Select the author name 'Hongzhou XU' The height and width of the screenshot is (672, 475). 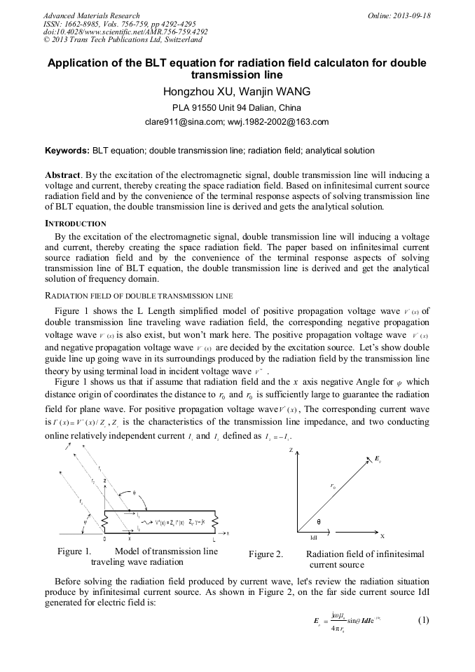(x=197, y=92)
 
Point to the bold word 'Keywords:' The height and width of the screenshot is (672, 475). (x=67, y=151)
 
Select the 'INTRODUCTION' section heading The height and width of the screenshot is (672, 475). (x=75, y=224)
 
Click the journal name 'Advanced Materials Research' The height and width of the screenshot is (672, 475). (x=91, y=15)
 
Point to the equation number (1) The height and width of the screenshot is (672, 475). (x=423, y=620)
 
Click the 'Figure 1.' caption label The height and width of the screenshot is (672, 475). (x=74, y=551)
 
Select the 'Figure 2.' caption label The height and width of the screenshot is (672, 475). (x=266, y=554)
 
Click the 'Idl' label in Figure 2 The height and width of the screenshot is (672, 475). (x=315, y=538)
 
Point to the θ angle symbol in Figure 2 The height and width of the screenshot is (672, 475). (x=319, y=522)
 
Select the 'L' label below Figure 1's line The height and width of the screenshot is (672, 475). (x=214, y=539)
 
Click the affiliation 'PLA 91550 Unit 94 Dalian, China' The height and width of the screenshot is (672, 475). (x=237, y=108)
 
